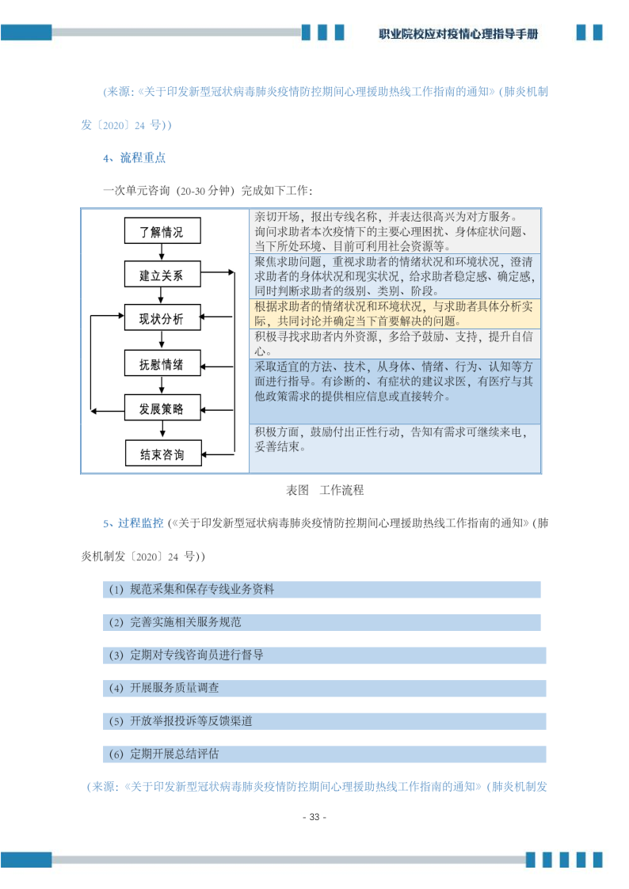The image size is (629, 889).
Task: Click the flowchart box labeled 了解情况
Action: pyautogui.click(x=162, y=231)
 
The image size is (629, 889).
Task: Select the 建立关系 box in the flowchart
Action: pyautogui.click(x=162, y=275)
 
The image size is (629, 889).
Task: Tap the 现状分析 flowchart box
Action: pyautogui.click(x=162, y=318)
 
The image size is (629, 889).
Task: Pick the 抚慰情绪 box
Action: pyautogui.click(x=162, y=363)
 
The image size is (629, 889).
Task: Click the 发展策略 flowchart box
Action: pyautogui.click(x=162, y=408)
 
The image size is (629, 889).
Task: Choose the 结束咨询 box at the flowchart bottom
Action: pyautogui.click(x=162, y=454)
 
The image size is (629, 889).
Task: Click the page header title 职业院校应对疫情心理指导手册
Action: pyautogui.click(x=459, y=34)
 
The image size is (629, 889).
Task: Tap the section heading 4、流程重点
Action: pyautogui.click(x=134, y=158)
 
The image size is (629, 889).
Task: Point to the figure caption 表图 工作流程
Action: pyautogui.click(x=324, y=490)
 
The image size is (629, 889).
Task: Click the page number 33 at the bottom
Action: pyautogui.click(x=314, y=817)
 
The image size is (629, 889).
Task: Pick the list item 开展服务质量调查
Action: pyautogui.click(x=174, y=689)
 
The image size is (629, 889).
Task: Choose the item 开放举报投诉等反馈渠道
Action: pyautogui.click(x=191, y=721)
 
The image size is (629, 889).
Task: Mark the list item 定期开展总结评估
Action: pyautogui.click(x=174, y=754)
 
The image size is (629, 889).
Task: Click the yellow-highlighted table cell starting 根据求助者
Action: pyautogui.click(x=395, y=313)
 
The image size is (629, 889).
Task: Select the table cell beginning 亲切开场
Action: pyautogui.click(x=395, y=230)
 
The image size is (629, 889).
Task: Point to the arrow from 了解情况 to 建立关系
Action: pyautogui.click(x=162, y=252)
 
